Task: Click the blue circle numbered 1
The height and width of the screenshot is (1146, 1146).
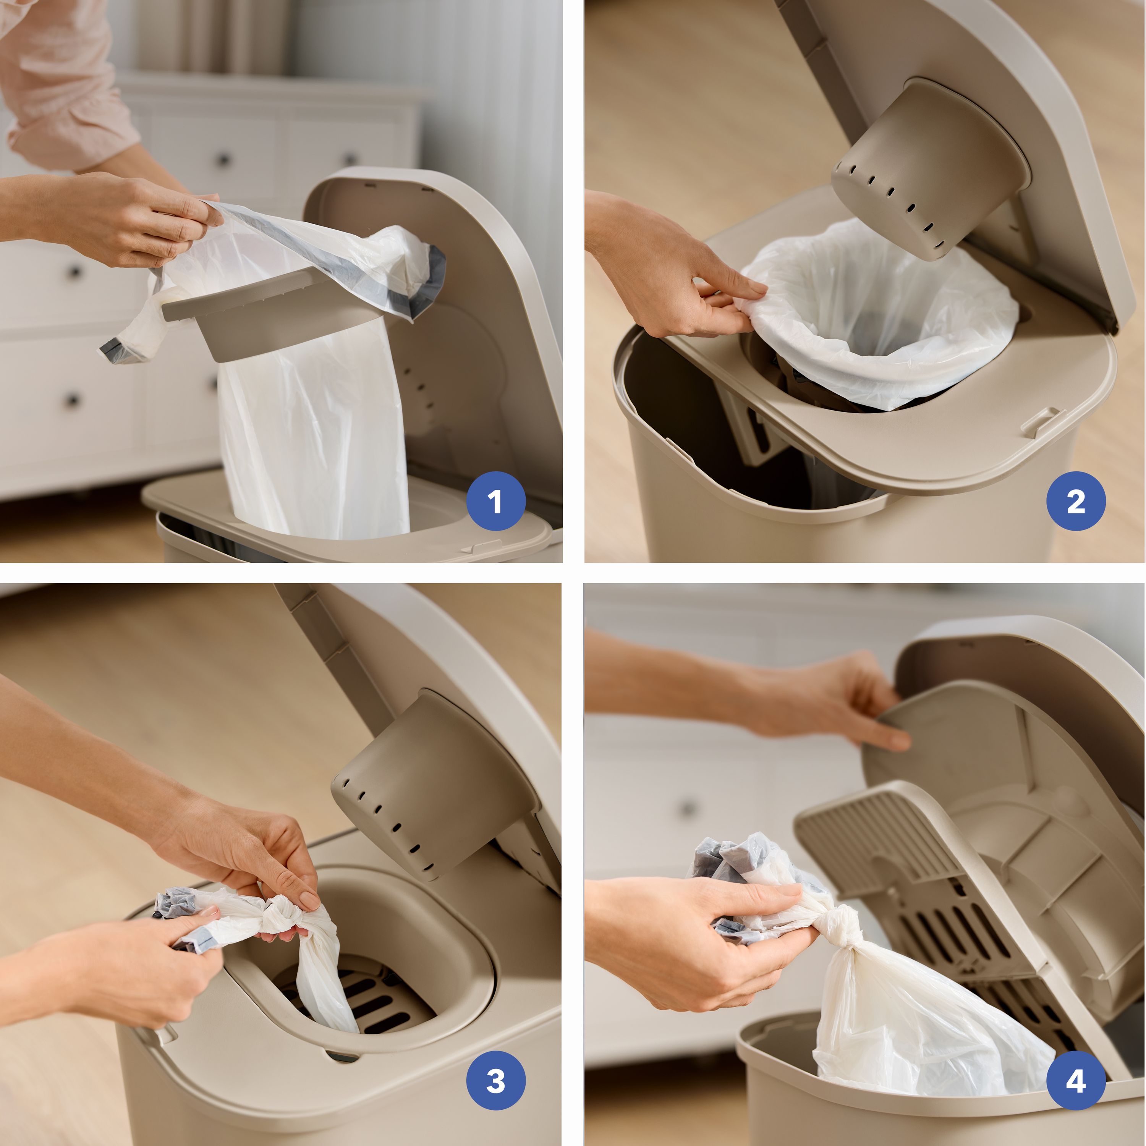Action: [x=496, y=501]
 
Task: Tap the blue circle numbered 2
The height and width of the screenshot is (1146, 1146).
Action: [x=1076, y=501]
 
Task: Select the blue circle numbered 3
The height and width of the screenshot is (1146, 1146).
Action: [x=496, y=1080]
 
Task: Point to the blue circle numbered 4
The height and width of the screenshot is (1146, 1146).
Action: [x=1076, y=1080]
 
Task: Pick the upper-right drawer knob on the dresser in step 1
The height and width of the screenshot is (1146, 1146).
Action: [x=350, y=159]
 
